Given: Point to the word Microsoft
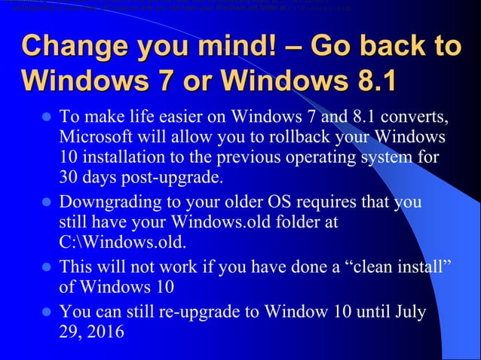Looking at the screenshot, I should pos(101,139).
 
